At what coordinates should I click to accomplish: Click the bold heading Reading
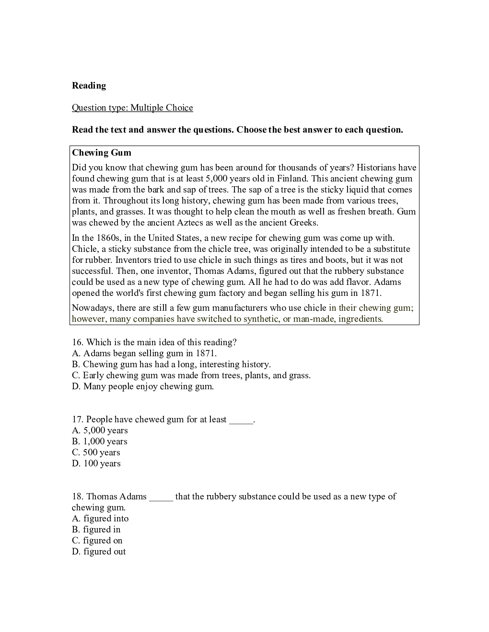89,86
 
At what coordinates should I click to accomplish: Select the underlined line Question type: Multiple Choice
132,108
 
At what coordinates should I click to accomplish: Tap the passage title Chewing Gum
101,153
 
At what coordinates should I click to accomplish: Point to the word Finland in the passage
291,179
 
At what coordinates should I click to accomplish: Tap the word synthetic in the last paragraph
261,319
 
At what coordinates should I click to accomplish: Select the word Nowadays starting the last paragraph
93,308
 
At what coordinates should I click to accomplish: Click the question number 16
78,342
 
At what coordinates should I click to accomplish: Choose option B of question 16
171,364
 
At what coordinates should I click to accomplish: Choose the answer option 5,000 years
100,430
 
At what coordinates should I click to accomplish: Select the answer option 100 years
96,463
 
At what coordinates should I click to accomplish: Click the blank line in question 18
161,497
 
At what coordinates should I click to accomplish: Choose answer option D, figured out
99,552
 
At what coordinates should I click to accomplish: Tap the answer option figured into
100,519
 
